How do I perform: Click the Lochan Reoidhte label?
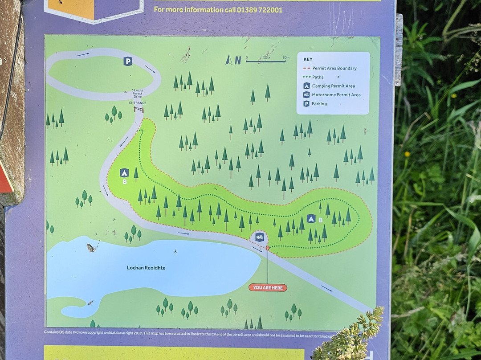point(146,268)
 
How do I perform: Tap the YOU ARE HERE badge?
point(268,287)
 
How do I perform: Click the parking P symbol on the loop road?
point(128,61)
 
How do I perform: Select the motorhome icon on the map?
point(259,237)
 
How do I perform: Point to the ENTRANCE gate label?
point(138,103)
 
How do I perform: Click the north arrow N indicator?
point(234,60)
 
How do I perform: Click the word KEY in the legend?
point(308,59)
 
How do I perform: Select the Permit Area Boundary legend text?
point(334,68)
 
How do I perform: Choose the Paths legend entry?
point(318,77)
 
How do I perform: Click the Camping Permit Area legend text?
point(334,86)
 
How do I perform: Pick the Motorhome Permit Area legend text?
point(336,95)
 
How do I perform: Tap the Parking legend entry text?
point(319,104)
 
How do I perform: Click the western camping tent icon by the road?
point(124,172)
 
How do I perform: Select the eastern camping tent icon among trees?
point(311,218)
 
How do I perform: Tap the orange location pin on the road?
point(267,247)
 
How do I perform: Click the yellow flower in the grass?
point(407,154)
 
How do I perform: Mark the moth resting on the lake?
point(91,248)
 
